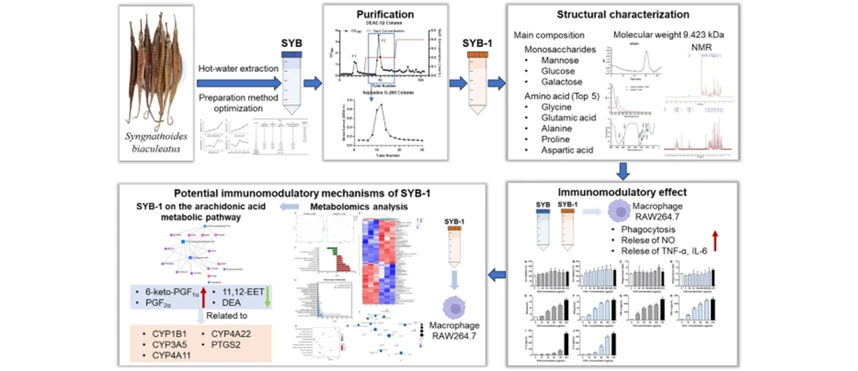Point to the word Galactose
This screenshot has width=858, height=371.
[562, 82]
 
